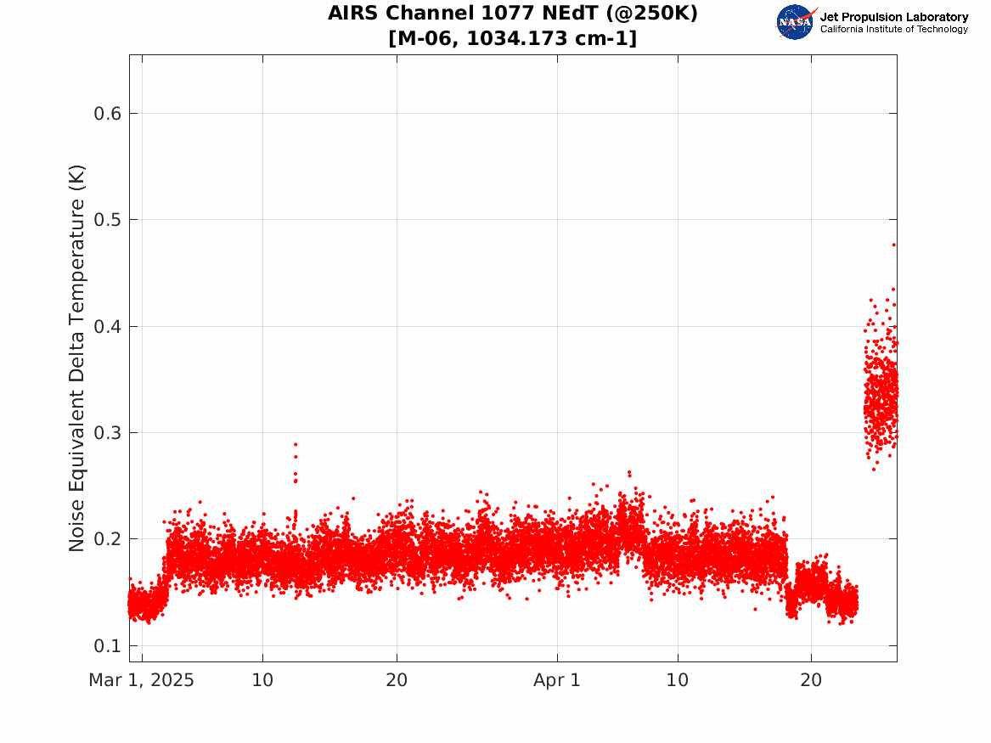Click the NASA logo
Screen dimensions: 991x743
[x=795, y=22]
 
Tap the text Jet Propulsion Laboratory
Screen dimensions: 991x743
[x=893, y=17]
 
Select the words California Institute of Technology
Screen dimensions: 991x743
[x=893, y=29]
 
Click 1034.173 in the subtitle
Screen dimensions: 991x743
[x=517, y=38]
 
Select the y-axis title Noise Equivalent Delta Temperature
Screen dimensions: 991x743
[x=76, y=358]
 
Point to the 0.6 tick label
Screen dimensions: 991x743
[x=108, y=114]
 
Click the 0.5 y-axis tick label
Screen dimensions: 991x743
[x=108, y=220]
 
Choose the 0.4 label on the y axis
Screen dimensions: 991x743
[x=108, y=327]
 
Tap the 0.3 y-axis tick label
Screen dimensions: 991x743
[x=108, y=433]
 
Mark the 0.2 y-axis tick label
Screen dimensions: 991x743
[x=108, y=539]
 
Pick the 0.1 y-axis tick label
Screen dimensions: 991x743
[x=108, y=645]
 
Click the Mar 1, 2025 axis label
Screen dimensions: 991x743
[x=141, y=680]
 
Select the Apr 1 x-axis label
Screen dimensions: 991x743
[x=557, y=680]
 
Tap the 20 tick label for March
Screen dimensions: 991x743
[x=397, y=680]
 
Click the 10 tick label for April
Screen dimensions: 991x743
[x=678, y=680]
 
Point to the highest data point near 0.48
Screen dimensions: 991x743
[x=893, y=245]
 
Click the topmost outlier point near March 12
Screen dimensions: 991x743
[x=296, y=444]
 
